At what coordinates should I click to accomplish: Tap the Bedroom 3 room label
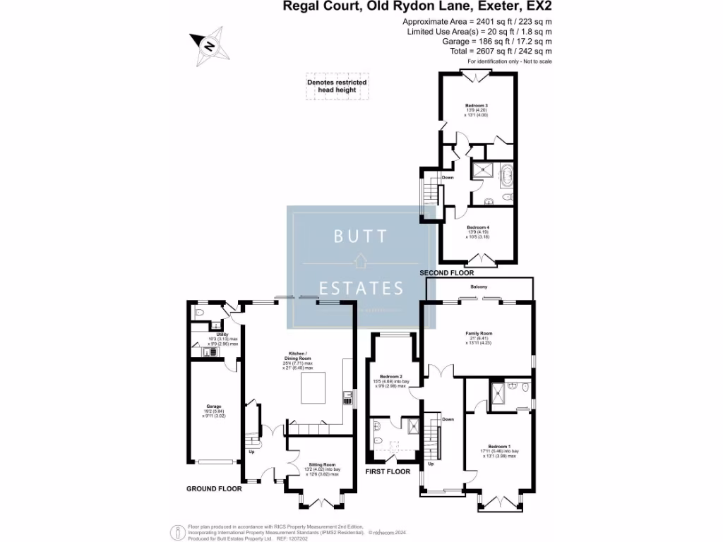[477, 105]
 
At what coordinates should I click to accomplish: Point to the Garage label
[214, 406]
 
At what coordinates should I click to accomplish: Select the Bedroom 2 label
[390, 376]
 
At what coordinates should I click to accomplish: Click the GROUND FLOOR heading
[214, 488]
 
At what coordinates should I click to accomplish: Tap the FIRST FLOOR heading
[388, 471]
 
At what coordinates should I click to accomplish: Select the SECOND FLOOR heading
[446, 272]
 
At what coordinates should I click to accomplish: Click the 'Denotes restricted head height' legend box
[337, 86]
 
